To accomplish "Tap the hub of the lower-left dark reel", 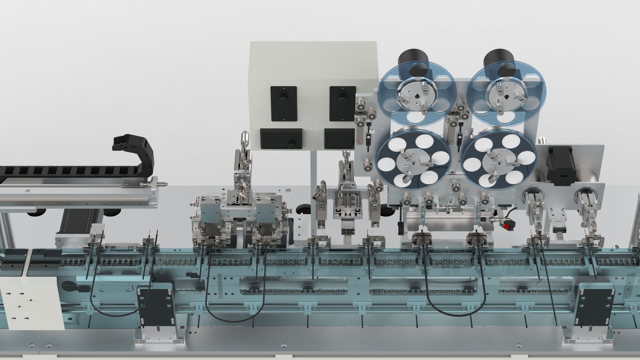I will [x=414, y=163].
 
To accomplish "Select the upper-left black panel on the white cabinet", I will [x=284, y=103].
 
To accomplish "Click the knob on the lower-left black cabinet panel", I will [x=292, y=145].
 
